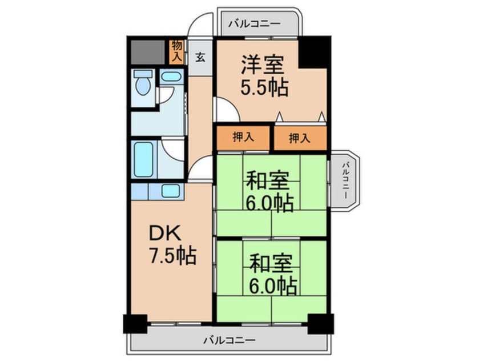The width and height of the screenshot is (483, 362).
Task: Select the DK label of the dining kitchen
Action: click(x=165, y=233)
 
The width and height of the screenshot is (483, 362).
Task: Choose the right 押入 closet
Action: click(x=299, y=138)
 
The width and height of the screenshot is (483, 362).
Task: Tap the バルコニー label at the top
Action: click(x=254, y=24)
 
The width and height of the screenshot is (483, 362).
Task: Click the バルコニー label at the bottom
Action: click(x=229, y=341)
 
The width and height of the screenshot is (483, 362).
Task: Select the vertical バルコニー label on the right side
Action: click(x=345, y=181)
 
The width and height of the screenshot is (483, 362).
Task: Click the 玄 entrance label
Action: click(x=201, y=57)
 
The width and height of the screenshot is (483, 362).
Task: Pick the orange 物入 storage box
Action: click(x=176, y=51)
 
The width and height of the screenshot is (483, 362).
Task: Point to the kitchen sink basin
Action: click(x=170, y=191)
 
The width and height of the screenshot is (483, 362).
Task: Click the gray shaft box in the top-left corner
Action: click(x=148, y=52)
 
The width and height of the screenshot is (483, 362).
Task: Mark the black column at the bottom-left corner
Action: click(x=135, y=323)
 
